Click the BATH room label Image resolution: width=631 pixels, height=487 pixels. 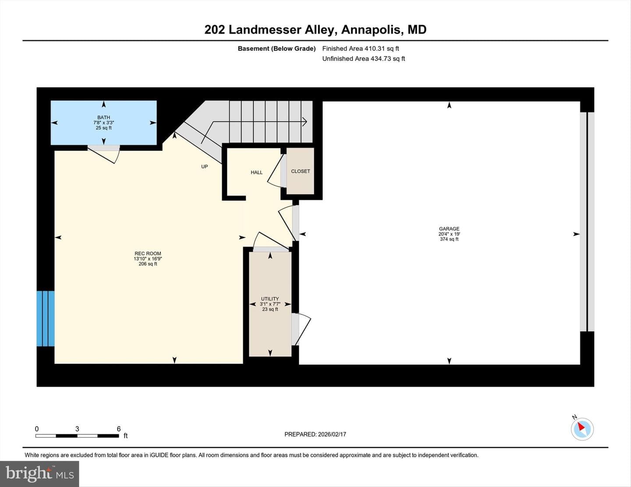tap(104, 117)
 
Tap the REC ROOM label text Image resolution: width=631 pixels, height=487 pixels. tap(148, 254)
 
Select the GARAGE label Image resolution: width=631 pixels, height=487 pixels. tap(449, 229)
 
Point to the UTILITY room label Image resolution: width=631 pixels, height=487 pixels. tap(270, 299)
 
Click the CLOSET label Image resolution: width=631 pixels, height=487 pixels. tap(301, 171)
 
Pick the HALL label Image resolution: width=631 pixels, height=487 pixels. tap(257, 173)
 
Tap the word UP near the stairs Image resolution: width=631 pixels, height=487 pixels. tap(205, 166)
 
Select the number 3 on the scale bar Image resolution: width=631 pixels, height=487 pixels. tap(77, 429)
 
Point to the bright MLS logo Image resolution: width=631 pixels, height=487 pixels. tap(39, 474)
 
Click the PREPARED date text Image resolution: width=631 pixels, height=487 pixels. tap(315, 434)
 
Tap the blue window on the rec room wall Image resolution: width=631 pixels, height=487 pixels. tap(46, 319)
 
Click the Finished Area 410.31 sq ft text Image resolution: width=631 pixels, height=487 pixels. tap(361, 49)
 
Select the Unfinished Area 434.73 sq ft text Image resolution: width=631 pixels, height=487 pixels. tap(364, 59)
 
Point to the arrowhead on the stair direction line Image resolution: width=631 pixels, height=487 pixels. tap(304, 122)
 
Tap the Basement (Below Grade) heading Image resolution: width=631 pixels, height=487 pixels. tap(277, 49)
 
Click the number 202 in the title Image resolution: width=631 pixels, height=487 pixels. tap(215, 30)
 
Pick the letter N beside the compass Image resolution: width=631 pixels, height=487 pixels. tap(574, 417)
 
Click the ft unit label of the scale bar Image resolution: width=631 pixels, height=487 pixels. tap(126, 436)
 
